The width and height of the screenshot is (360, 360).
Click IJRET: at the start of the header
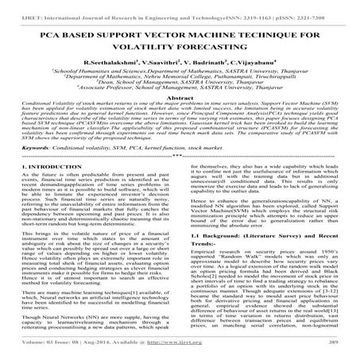(x=14, y=6)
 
